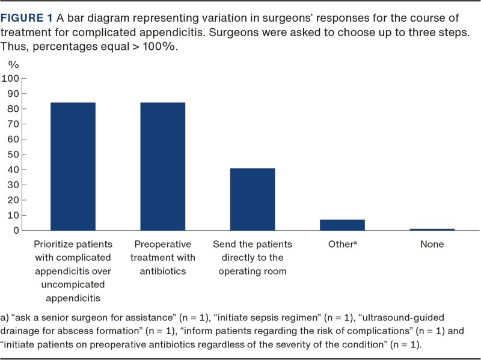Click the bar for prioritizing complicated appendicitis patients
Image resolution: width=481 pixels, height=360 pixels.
(73, 166)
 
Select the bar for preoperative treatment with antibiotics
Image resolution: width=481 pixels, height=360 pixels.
(163, 166)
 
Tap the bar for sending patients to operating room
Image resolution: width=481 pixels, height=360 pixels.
(253, 199)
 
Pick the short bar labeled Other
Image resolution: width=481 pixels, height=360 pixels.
(342, 225)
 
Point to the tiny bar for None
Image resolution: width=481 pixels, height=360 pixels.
(432, 229)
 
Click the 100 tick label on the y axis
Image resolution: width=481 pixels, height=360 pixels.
(11, 79)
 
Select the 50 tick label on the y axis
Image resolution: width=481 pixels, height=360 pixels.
(14, 154)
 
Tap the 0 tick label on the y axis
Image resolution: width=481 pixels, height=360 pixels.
(17, 230)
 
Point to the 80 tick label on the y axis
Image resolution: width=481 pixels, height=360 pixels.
(14, 109)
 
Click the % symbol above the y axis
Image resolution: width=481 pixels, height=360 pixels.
(13, 64)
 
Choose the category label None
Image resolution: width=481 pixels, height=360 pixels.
(432, 245)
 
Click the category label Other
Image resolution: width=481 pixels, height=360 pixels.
(341, 245)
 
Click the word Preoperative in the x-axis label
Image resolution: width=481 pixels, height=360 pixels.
(163, 245)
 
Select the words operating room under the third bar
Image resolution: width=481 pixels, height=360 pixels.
(253, 271)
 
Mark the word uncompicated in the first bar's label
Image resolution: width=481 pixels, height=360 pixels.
(73, 284)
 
